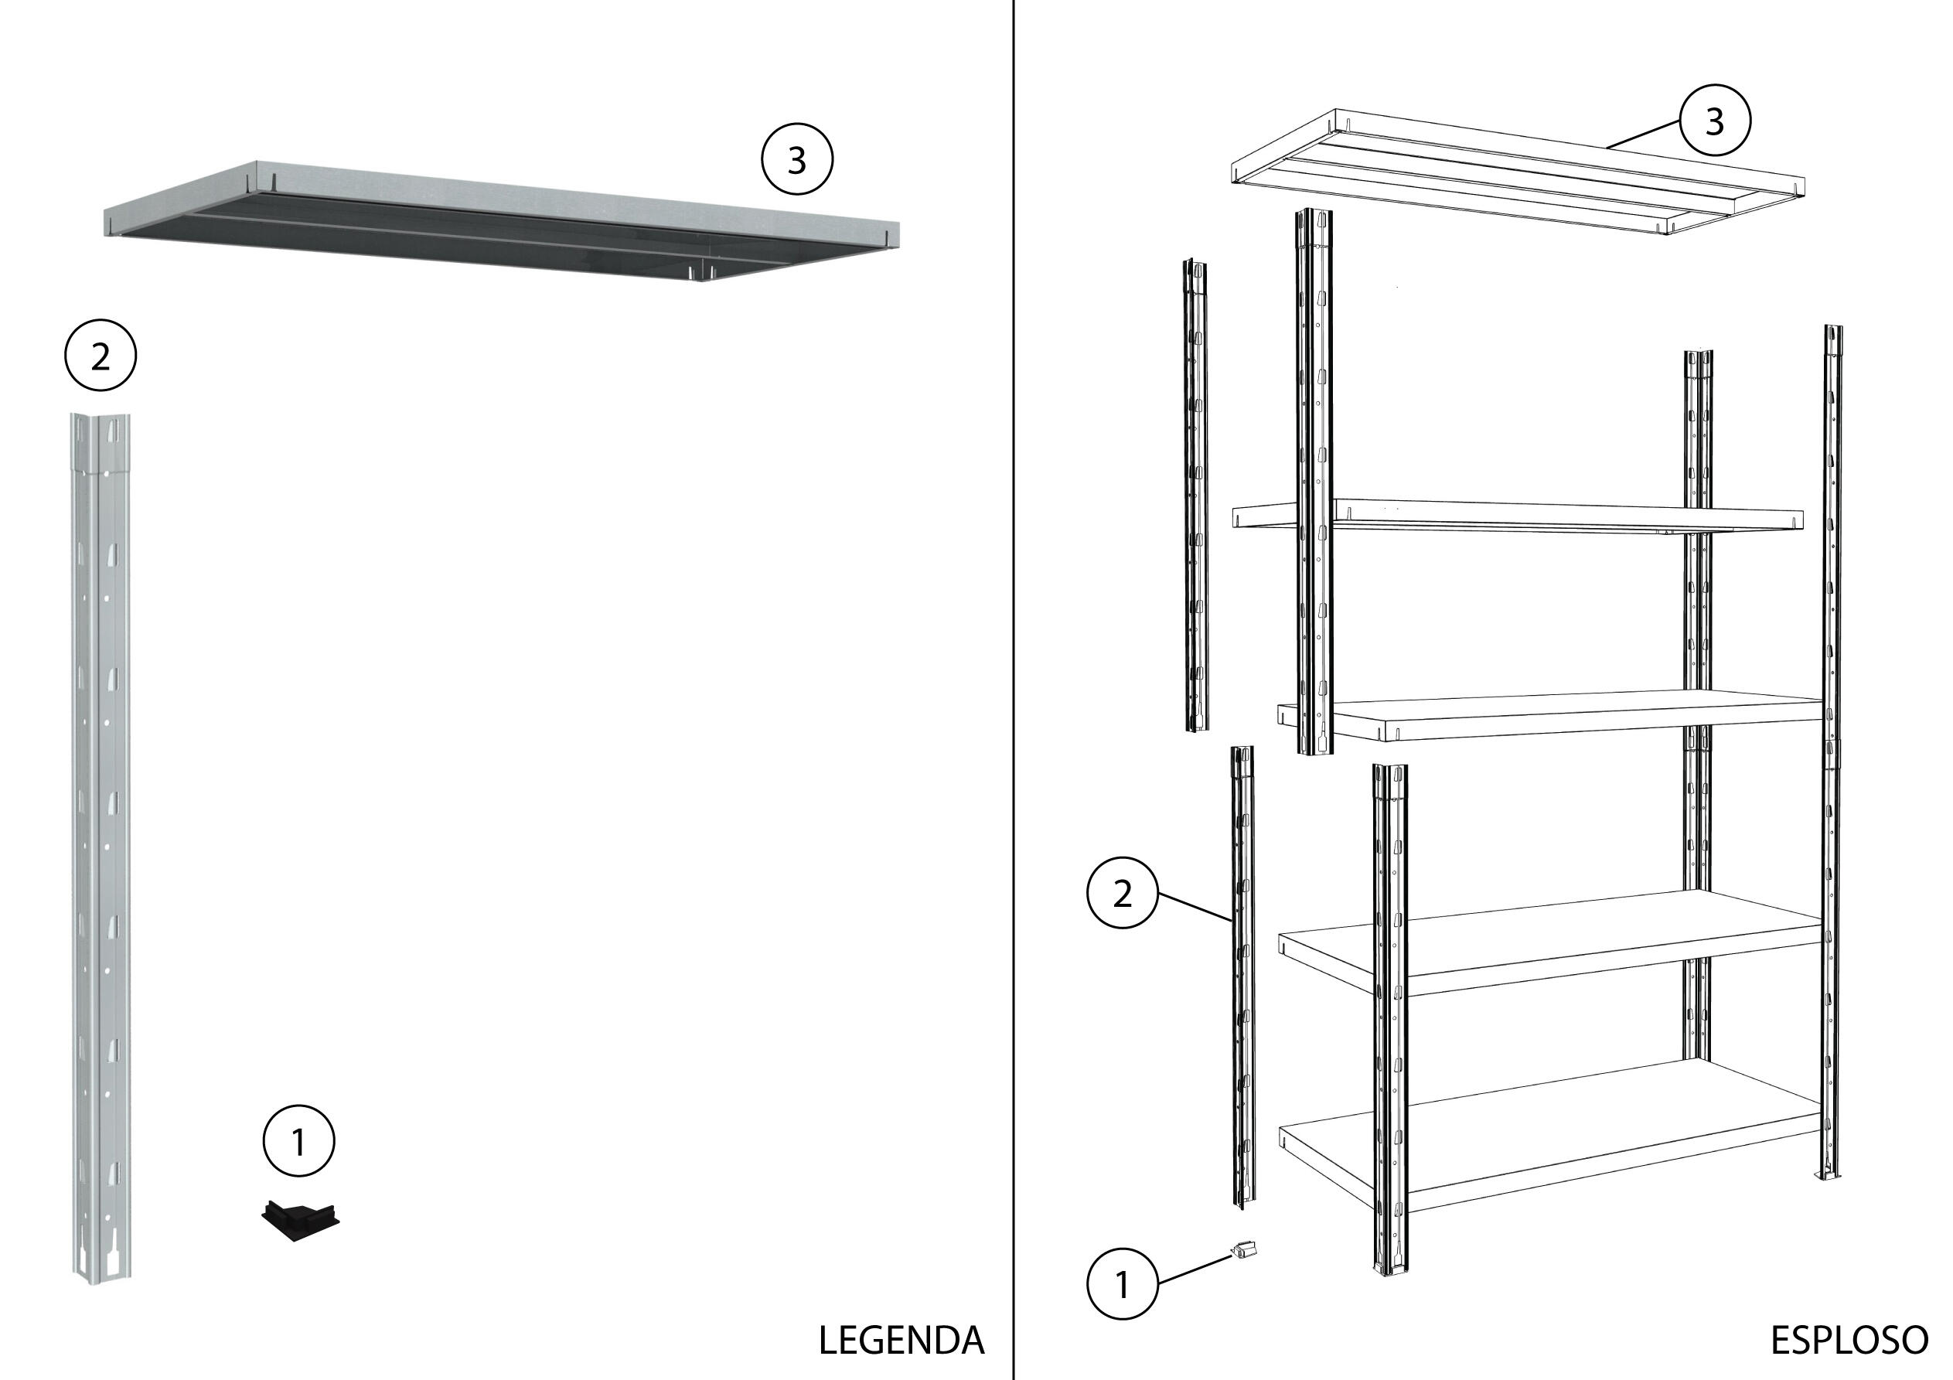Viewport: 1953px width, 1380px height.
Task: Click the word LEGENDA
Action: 901,1340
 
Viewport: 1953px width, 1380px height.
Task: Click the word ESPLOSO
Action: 1849,1340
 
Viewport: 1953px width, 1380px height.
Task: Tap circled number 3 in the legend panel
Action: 796,160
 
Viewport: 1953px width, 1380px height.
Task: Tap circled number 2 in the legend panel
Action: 101,356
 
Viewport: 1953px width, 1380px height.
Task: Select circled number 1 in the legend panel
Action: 298,1141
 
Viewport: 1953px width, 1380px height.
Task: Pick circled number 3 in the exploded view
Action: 1714,121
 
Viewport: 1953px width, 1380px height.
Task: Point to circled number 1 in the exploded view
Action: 1122,1284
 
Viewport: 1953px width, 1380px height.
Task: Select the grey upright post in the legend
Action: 101,850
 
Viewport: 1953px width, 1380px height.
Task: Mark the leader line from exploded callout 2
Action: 1195,907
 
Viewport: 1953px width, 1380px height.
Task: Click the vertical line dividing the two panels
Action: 1013,680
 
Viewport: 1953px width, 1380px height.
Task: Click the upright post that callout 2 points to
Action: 1242,979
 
